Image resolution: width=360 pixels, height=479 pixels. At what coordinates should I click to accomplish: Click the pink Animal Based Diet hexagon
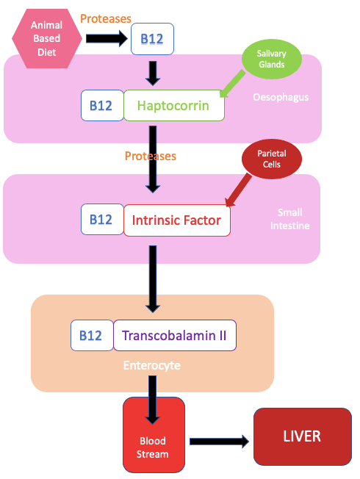47,38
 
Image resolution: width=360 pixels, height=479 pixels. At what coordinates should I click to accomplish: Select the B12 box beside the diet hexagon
152,39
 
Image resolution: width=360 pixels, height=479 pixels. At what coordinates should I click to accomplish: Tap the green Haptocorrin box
174,105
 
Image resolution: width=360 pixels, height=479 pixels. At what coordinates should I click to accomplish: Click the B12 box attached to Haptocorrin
102,105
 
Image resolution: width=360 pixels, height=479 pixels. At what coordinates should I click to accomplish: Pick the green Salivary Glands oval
271,59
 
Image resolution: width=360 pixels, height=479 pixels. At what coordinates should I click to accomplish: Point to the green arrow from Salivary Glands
232,84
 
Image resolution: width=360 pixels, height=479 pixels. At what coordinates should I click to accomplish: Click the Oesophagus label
281,97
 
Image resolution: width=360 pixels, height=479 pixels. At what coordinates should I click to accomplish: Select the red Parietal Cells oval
271,159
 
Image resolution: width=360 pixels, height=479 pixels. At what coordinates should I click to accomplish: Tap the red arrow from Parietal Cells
238,190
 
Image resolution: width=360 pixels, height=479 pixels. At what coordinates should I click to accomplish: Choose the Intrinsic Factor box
176,220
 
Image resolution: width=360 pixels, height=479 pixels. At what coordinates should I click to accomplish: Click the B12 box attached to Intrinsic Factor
102,220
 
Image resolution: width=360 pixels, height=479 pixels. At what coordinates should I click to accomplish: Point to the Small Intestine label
289,219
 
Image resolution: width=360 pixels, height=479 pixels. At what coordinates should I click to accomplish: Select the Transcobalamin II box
175,336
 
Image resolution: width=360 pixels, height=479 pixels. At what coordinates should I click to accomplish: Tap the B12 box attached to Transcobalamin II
92,336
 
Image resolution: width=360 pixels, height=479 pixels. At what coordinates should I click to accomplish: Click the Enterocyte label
152,365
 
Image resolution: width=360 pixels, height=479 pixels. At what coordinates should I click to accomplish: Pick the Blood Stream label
153,447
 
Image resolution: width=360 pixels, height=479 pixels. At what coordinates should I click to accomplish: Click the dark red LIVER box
303,436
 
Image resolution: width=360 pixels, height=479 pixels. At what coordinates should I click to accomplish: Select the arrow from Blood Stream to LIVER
219,442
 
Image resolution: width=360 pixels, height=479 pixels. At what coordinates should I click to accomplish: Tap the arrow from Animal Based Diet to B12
107,38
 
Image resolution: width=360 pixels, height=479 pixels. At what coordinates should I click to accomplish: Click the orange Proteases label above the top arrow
106,19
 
